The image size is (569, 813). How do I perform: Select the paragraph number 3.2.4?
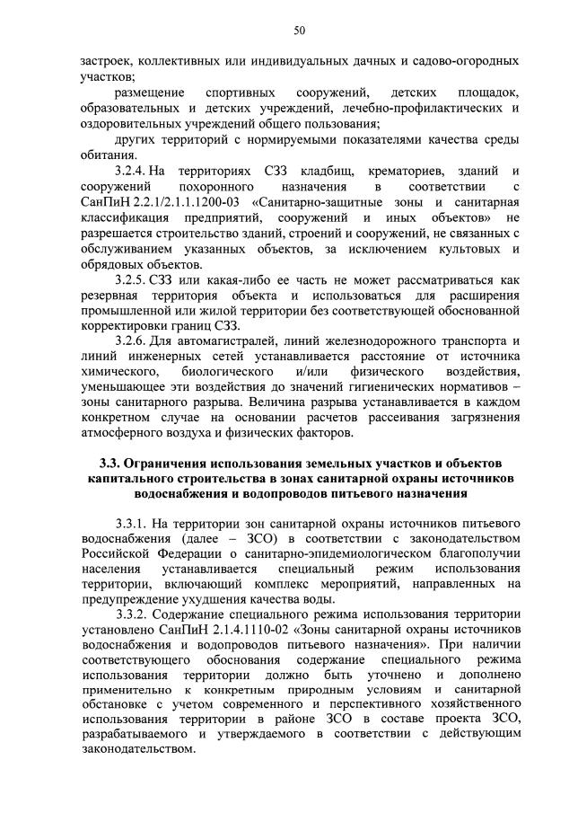132,171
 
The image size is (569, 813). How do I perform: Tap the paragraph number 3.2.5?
132,278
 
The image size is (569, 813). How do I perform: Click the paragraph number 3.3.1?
132,523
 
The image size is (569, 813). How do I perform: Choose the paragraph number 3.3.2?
132,614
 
